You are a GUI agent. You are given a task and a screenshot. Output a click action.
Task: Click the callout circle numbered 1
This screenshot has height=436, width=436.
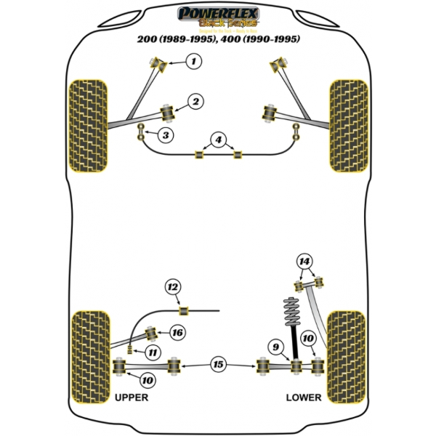(x=193, y=62)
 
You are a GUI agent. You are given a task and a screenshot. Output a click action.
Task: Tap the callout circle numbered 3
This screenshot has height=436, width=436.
(x=166, y=135)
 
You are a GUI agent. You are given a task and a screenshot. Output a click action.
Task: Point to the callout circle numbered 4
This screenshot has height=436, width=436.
(x=218, y=140)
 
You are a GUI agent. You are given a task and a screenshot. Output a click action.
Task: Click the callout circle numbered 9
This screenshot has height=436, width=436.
(x=276, y=347)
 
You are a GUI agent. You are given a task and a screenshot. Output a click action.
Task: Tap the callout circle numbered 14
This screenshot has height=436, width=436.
(x=304, y=261)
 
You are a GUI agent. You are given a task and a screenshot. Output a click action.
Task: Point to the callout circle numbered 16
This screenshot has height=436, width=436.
(x=177, y=333)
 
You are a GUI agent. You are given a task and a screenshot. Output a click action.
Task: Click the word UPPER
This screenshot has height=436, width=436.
(x=132, y=398)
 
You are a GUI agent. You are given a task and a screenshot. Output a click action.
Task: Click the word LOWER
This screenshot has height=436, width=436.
(x=303, y=398)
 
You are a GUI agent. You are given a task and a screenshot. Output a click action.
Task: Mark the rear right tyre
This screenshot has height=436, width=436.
(x=344, y=356)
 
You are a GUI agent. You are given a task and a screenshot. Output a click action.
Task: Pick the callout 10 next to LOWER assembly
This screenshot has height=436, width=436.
(x=308, y=339)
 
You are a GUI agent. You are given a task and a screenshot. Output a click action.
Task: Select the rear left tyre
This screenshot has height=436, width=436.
(x=90, y=356)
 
